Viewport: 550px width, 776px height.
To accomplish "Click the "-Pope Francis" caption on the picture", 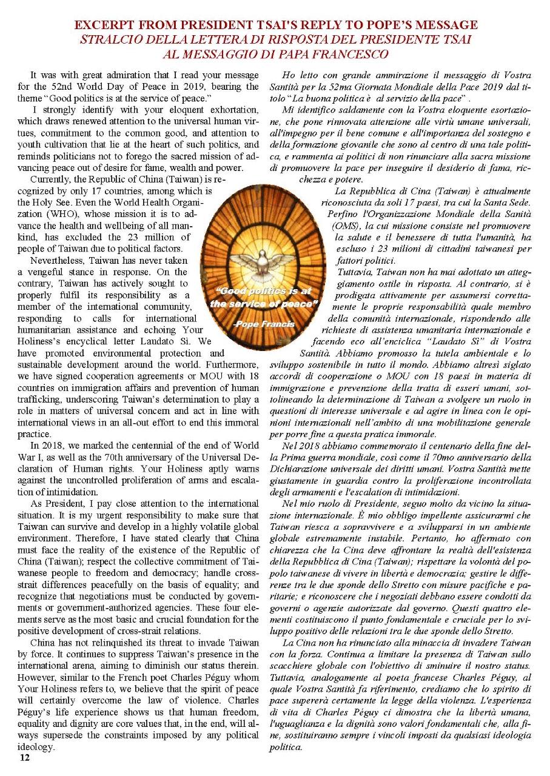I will coord(264,324).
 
